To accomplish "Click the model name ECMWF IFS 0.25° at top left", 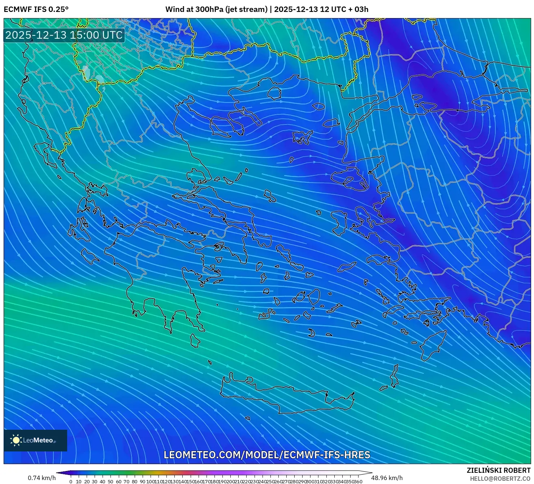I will point(36,9).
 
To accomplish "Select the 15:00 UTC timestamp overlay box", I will point(64,35).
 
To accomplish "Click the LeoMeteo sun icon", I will point(16,440).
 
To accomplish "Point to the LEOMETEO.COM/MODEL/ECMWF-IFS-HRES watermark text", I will point(267,455).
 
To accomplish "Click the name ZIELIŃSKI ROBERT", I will point(498,470).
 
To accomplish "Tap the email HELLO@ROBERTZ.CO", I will point(500,479).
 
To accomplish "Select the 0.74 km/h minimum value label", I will point(42,478).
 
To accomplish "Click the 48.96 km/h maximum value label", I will point(387,478).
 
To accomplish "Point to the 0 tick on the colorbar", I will point(71,481).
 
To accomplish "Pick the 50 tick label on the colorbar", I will point(110,481).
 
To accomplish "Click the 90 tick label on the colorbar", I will point(142,481).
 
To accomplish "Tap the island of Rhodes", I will point(432,345).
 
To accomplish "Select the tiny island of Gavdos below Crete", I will point(247,418).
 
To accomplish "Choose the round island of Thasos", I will point(274,93).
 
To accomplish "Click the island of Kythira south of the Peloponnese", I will point(195,341).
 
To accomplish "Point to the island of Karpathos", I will point(394,376).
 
